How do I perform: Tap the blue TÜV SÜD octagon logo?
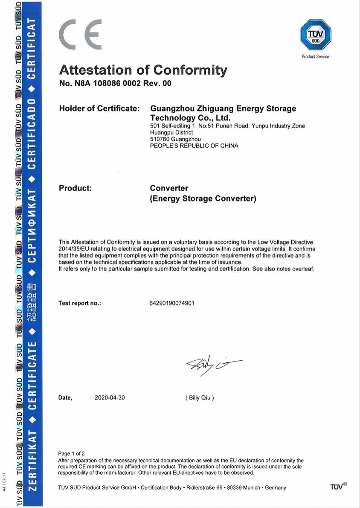click(316, 35)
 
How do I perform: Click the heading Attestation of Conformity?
click(143, 70)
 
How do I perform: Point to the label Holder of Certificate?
click(99, 108)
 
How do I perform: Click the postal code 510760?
click(160, 139)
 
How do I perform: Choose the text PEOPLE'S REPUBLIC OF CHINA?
click(194, 146)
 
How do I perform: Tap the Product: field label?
click(75, 188)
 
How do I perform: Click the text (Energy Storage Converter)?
click(203, 199)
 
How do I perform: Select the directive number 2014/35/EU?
click(73, 248)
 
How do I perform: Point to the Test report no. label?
click(80, 303)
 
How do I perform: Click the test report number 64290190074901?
click(172, 303)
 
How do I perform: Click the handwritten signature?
click(213, 365)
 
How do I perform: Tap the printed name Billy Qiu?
click(200, 397)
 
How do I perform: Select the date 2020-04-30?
click(110, 397)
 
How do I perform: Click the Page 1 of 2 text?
click(71, 453)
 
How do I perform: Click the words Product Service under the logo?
click(315, 56)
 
